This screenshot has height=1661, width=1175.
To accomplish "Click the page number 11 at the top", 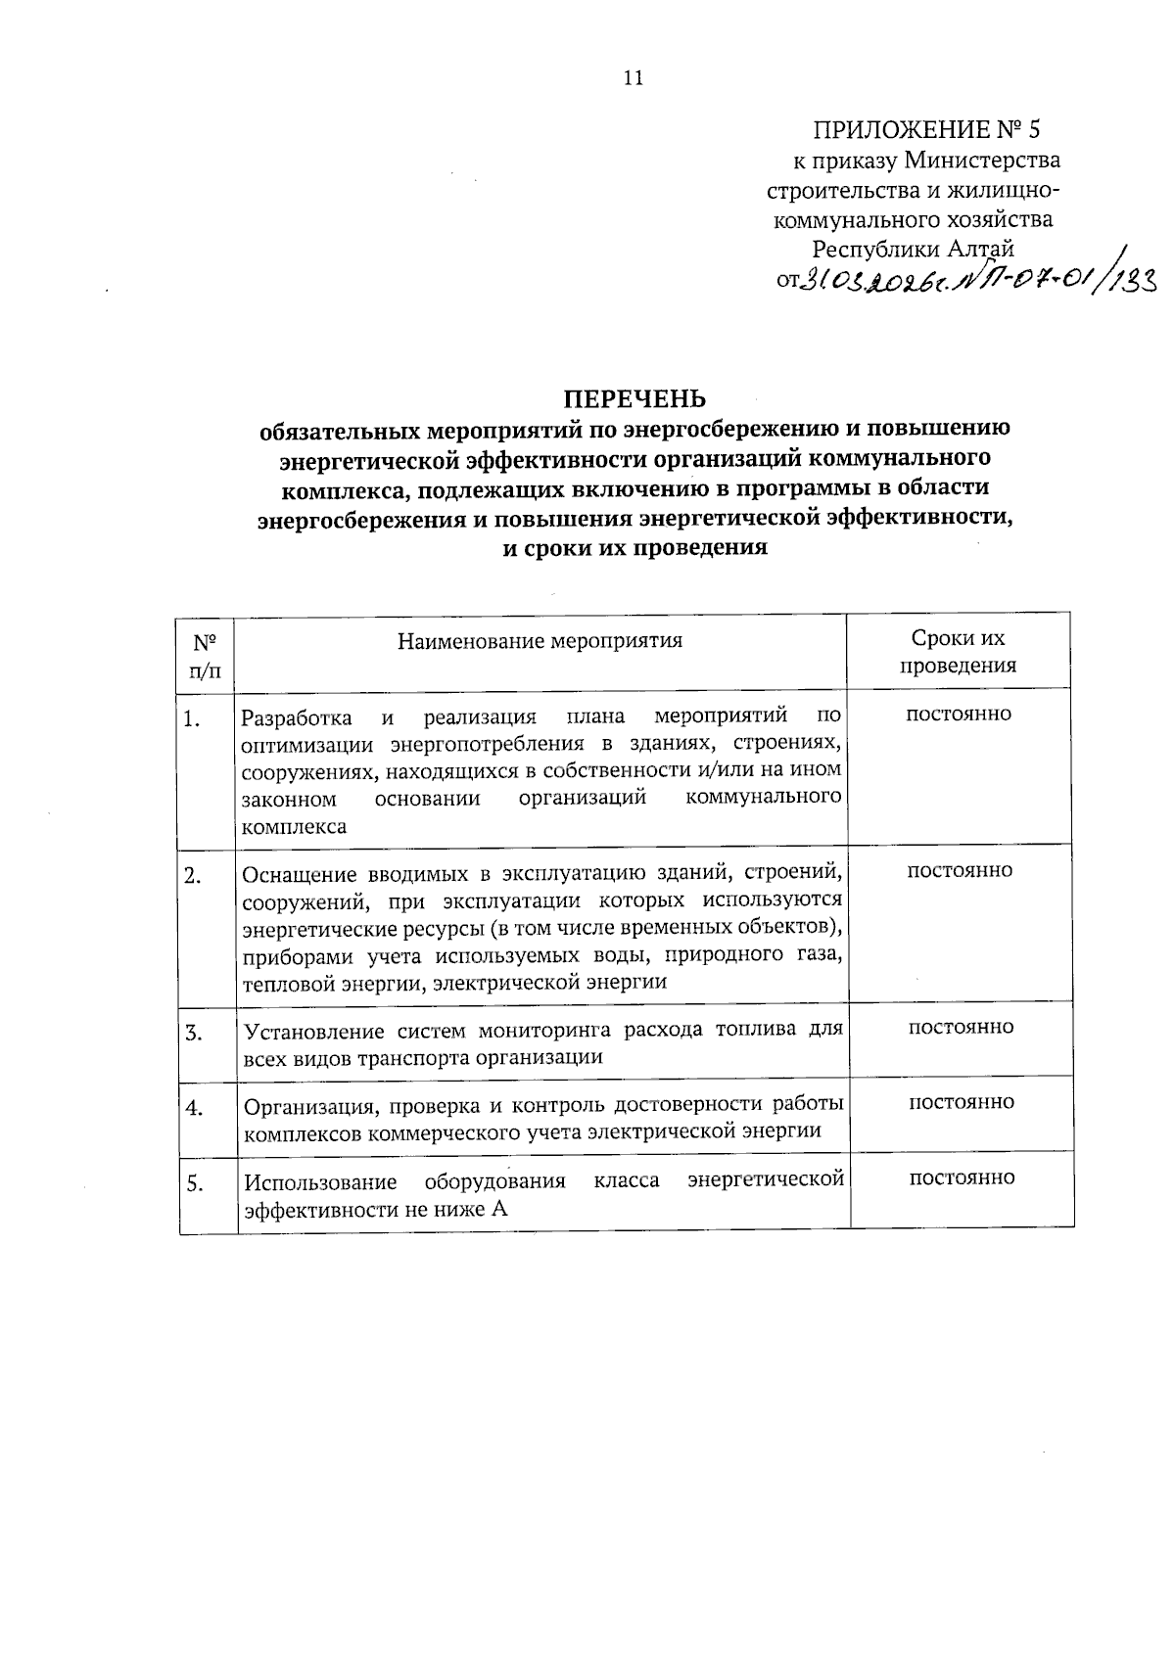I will pos(633,79).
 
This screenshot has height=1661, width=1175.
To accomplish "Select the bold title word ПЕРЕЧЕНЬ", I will pos(634,399).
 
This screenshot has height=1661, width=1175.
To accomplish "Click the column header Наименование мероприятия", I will pos(540,642).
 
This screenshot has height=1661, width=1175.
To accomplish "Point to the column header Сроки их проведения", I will pos(958,653).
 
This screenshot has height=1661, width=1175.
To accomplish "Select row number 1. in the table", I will pos(192,720).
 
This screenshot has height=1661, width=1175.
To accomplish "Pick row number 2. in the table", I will pos(193,876).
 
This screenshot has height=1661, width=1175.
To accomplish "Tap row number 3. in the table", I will pos(193,1033).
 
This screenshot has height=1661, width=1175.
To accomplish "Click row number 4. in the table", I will pos(194,1108).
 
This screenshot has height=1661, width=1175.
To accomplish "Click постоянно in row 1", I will pos(959,715).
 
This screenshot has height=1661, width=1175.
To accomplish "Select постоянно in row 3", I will pos(962,1028).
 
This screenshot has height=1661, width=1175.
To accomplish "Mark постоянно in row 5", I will pos(962,1178).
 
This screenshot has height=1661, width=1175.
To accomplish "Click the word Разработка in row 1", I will pos(297,717).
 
